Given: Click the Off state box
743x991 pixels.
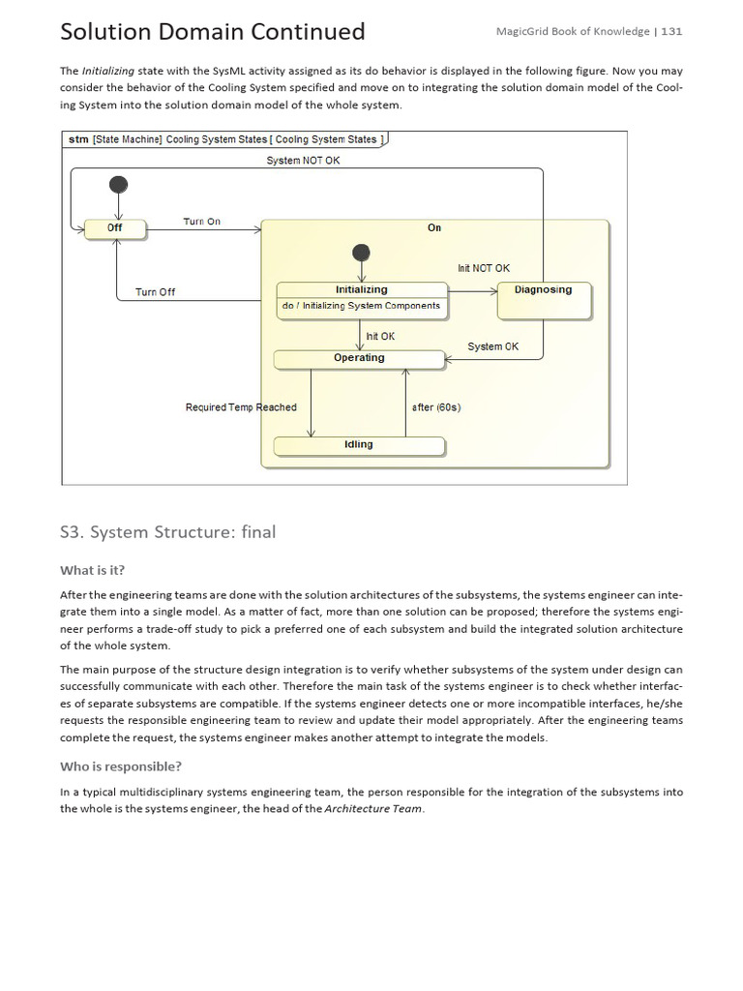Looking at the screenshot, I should (115, 228).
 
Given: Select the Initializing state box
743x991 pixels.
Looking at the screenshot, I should (362, 298).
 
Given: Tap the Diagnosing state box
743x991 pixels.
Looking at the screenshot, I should (543, 300).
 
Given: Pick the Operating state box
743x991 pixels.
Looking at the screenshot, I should (359, 358).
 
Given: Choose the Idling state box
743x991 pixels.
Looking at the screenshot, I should (359, 445).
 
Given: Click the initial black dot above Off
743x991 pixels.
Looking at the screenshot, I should (118, 184).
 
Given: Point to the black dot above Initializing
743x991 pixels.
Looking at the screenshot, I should (361, 252).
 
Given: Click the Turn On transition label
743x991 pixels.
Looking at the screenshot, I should (201, 222).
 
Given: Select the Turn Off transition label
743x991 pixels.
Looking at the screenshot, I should (155, 292).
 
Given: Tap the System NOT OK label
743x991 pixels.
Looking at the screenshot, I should (303, 161).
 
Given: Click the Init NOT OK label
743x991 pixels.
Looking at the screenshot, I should (483, 268).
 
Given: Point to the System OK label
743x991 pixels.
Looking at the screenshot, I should (492, 346).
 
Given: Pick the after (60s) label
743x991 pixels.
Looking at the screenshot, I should (436, 407).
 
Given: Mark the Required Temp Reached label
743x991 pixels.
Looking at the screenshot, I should (241, 407).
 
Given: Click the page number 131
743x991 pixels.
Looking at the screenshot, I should (671, 31).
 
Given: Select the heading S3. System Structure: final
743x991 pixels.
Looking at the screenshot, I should (167, 531).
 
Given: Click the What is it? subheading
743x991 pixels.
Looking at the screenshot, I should (92, 569).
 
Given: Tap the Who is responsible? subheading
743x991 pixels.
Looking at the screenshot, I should (120, 766).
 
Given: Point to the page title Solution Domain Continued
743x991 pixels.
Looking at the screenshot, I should (212, 32).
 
